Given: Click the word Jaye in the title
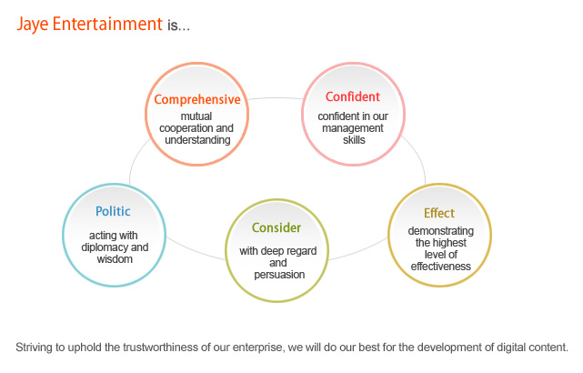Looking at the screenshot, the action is [33, 25].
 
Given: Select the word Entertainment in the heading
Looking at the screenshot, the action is [107, 24].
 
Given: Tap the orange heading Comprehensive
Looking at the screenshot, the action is [197, 100].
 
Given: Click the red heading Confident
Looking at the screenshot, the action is [353, 96].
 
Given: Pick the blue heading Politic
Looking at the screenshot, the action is [113, 211].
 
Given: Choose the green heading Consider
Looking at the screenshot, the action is [276, 227].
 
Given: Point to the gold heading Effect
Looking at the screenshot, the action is [439, 213].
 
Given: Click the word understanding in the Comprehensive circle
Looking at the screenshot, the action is [197, 140].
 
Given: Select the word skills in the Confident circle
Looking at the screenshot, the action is [354, 140].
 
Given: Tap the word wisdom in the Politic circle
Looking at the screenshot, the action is [115, 259].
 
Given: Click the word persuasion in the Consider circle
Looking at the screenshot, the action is [279, 275].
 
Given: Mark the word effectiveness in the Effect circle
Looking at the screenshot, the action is [440, 267].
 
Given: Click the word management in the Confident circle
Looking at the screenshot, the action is [353, 128].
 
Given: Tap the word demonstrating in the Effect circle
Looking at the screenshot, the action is [440, 231].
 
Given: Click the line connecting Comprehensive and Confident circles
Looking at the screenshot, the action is [276, 98].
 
